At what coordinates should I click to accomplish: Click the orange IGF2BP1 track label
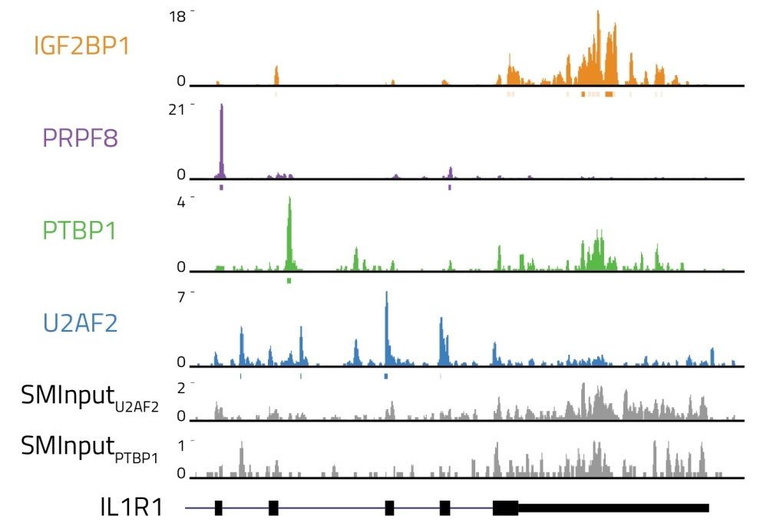tap(81, 46)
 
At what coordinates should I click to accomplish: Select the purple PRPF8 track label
tap(81, 138)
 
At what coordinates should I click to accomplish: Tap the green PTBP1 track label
tap(80, 230)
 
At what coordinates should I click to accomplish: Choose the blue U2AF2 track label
tap(81, 323)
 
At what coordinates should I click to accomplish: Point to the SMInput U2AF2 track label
tap(90, 398)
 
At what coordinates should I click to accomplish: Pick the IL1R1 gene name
tap(131, 508)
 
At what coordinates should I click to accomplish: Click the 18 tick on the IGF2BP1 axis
tap(177, 17)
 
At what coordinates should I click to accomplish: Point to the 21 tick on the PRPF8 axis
tap(177, 110)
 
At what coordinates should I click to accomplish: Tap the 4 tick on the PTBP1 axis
tap(181, 203)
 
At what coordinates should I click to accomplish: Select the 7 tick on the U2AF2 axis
tap(181, 297)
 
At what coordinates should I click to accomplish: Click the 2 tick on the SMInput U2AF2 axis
tap(181, 388)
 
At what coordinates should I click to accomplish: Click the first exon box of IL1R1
tap(219, 508)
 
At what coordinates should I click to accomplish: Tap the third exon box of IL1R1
tap(390, 508)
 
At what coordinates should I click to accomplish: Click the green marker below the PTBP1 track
tap(289, 281)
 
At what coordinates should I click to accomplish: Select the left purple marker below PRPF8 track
tap(222, 187)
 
